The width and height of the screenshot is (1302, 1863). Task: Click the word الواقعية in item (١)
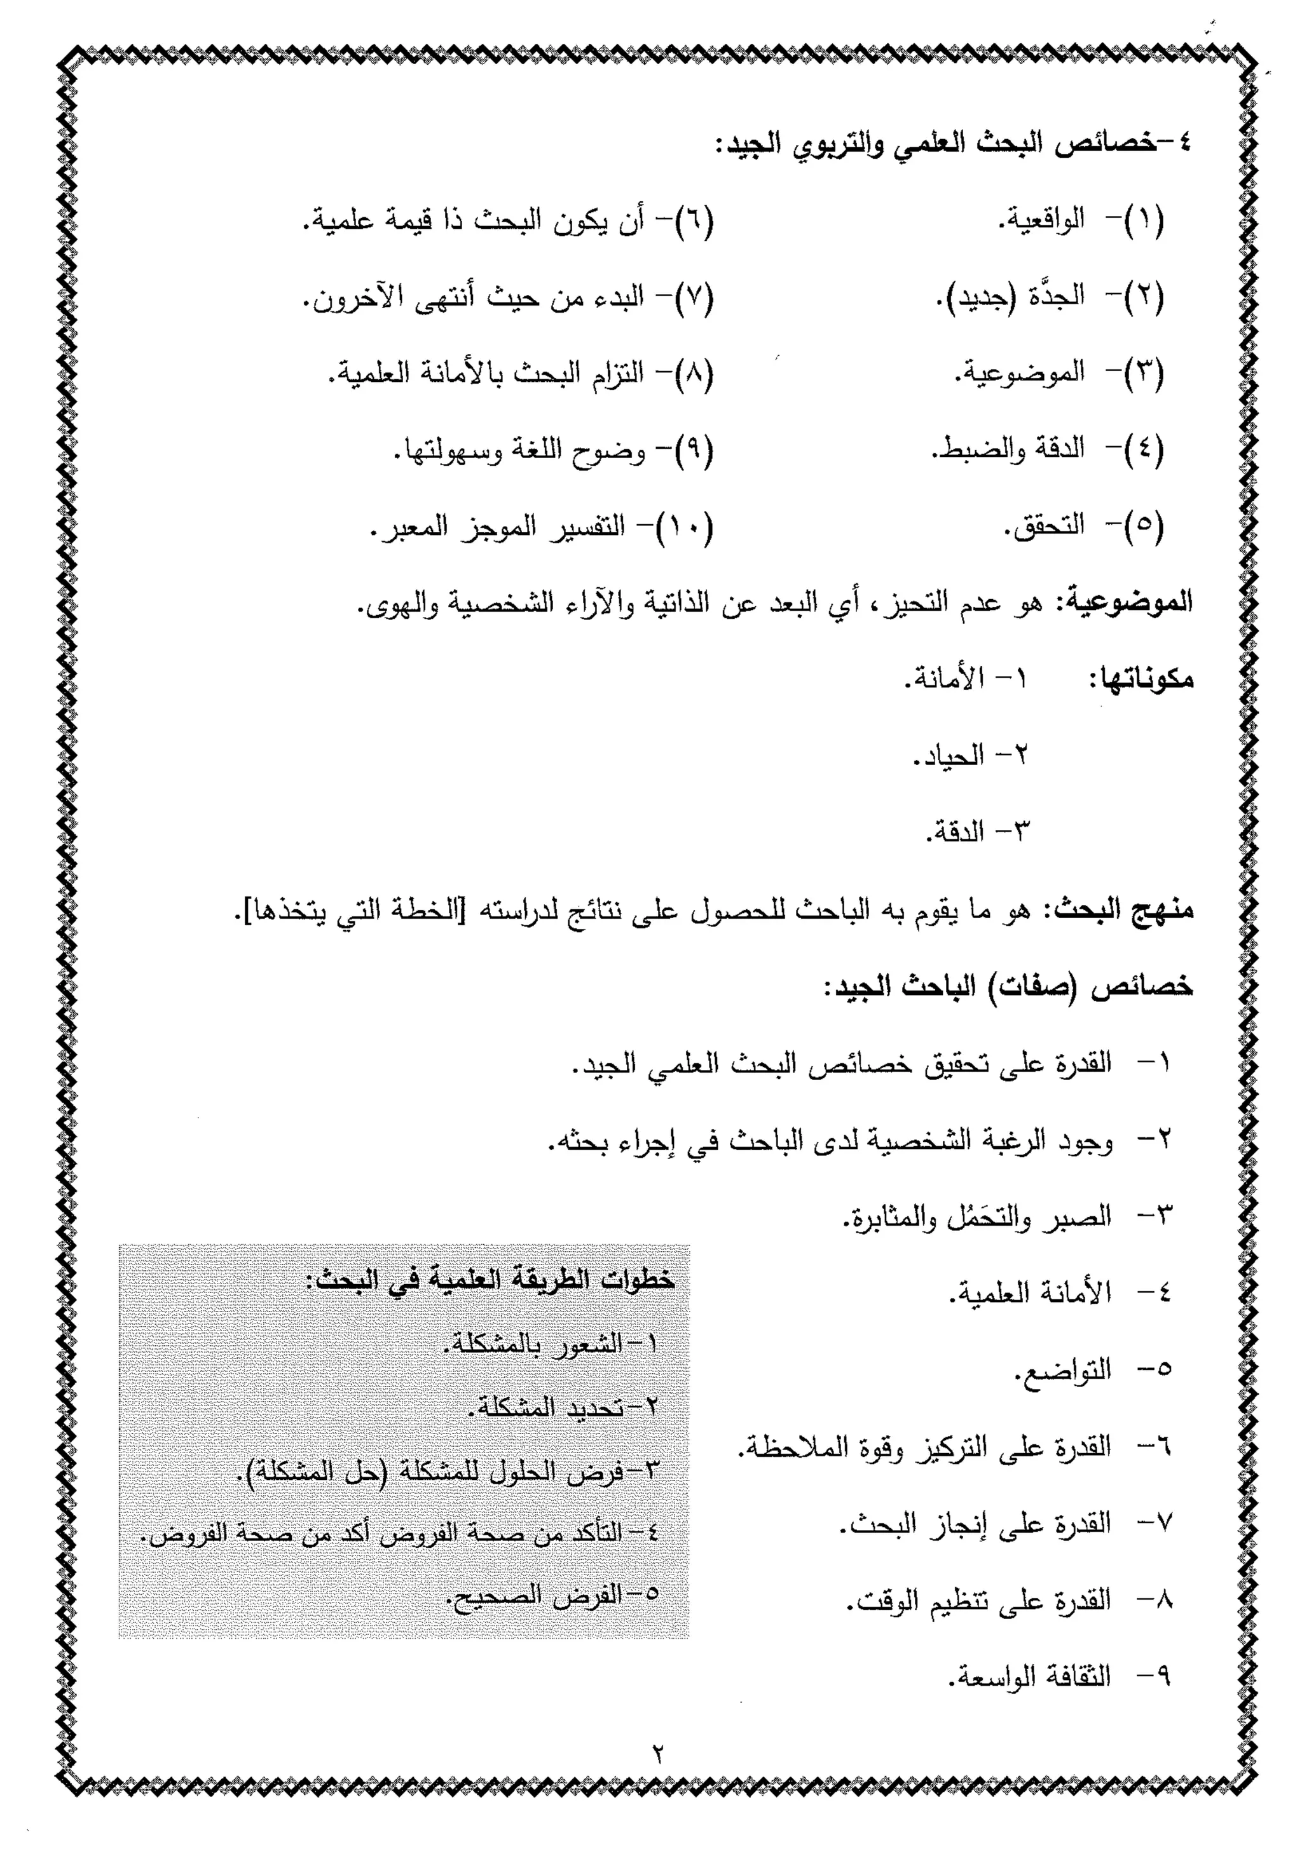[1041, 220]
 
